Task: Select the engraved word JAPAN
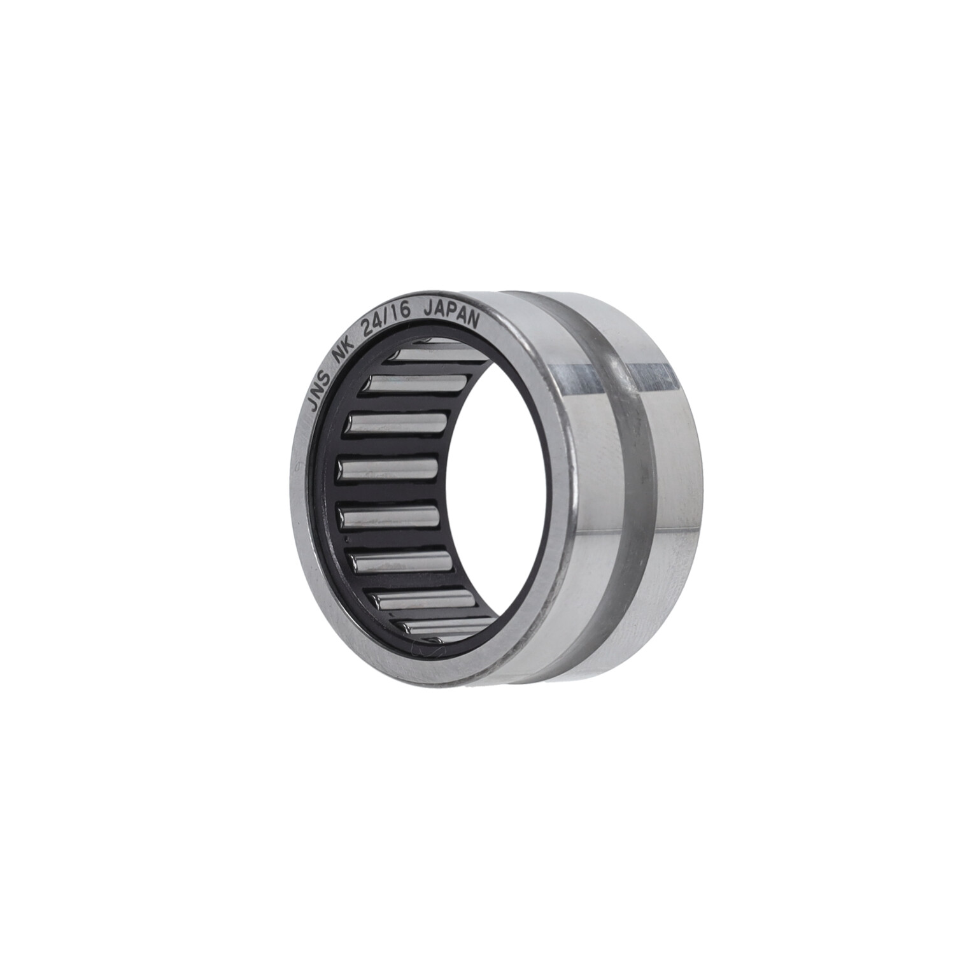[453, 313]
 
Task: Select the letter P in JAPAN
[453, 311]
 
